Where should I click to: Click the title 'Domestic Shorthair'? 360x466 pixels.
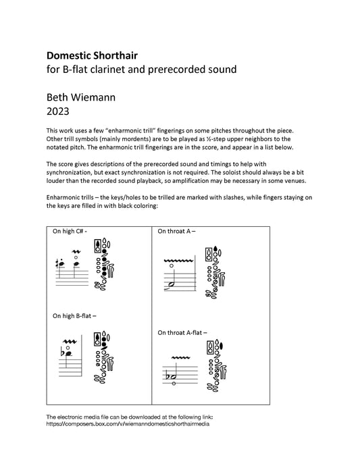(x=92, y=55)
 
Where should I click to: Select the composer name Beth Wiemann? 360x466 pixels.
(x=81, y=97)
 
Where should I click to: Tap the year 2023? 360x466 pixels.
(x=58, y=111)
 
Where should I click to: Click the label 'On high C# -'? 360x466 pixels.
(x=70, y=231)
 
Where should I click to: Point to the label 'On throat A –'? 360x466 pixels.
(x=176, y=231)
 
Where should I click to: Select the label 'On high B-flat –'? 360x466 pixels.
(x=74, y=316)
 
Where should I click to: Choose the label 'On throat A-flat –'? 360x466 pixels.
(x=182, y=333)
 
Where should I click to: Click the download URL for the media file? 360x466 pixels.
(x=128, y=424)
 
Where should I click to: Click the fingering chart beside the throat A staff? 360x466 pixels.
(x=215, y=272)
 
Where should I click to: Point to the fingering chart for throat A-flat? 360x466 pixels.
(x=216, y=366)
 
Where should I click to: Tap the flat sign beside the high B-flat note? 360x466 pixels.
(x=62, y=352)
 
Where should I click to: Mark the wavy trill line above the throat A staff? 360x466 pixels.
(x=179, y=261)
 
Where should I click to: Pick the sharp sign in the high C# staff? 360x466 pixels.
(x=57, y=263)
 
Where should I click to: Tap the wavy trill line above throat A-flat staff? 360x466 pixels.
(x=181, y=357)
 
